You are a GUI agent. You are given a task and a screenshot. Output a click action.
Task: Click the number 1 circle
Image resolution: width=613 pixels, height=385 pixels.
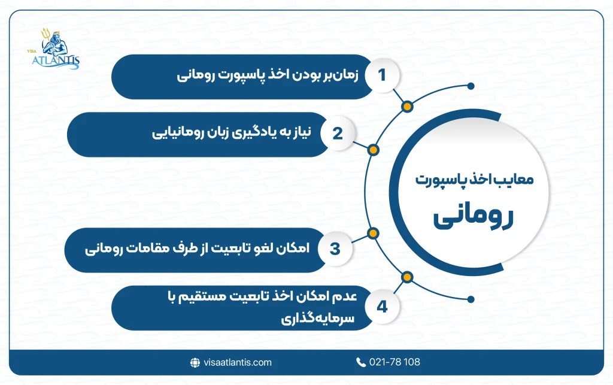[381, 75]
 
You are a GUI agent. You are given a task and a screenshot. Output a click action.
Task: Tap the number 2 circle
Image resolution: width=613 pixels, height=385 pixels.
[337, 133]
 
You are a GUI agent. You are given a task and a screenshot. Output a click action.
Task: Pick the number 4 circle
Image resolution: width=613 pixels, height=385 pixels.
[381, 307]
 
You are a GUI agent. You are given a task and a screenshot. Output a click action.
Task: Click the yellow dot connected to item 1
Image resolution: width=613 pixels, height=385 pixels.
[407, 107]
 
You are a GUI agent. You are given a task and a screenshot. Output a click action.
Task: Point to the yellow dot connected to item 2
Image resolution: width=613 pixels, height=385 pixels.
[372, 150]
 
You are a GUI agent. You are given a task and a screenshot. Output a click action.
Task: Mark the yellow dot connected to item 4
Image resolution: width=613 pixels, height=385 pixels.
[407, 276]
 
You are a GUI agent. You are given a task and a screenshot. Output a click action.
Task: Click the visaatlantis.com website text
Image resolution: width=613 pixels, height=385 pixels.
[237, 362]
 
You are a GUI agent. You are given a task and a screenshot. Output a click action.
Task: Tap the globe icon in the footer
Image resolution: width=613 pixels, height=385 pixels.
[195, 362]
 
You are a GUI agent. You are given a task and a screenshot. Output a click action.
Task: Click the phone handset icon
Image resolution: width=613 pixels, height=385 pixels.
[361, 362]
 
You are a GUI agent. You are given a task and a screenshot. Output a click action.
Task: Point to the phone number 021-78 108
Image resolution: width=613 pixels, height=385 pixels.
[395, 362]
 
